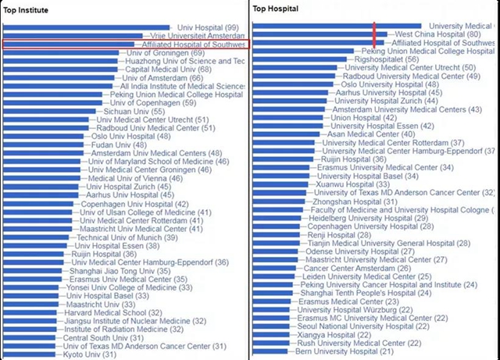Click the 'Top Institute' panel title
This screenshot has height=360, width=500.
point(26,9)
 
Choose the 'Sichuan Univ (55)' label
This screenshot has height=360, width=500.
point(135,112)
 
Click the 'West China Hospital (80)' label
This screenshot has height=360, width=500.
point(438,34)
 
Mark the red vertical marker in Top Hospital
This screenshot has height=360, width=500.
point(376,34)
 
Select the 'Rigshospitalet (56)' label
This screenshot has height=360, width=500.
point(387,59)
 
